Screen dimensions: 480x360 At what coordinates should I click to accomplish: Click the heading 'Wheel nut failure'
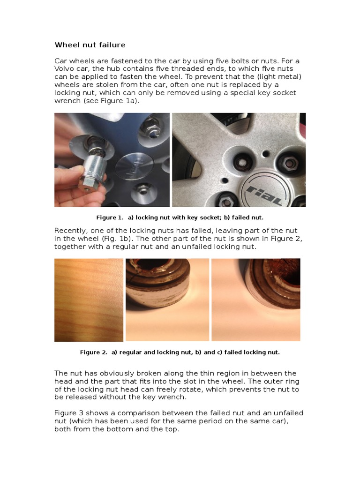[90, 45]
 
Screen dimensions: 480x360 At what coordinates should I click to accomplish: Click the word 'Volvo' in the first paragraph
[65, 69]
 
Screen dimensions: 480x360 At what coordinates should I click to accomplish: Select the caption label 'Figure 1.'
[110, 217]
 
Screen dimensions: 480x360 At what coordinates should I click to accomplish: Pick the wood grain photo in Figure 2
[89, 300]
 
